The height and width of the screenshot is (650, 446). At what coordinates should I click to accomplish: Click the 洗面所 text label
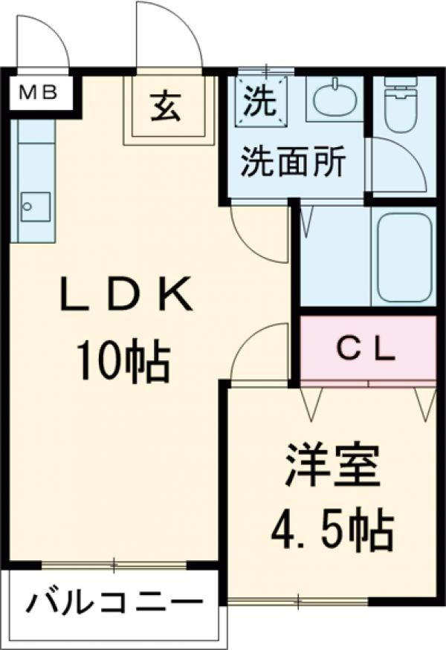point(292,161)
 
